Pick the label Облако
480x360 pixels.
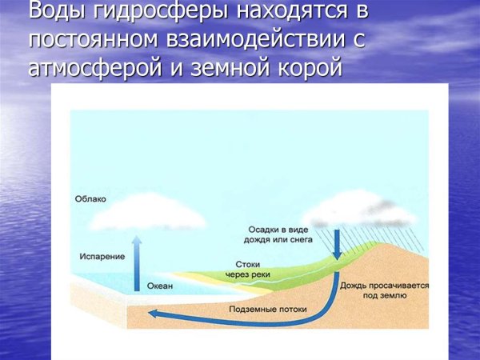pos(90,199)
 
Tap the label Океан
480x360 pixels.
pos(158,286)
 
